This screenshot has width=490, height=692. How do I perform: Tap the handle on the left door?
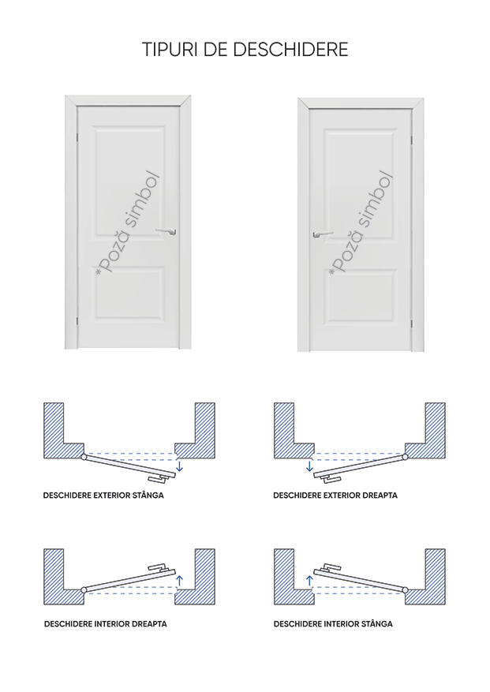(166, 231)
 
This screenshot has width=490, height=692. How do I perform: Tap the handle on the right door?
(321, 234)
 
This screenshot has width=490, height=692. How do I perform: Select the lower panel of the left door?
(129, 297)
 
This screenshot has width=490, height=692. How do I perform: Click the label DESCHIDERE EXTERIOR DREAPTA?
(335, 496)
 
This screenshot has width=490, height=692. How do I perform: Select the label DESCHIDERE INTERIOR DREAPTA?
(105, 623)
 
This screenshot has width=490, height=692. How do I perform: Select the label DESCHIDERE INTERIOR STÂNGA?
(333, 623)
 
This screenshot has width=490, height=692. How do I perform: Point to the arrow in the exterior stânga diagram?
(180, 466)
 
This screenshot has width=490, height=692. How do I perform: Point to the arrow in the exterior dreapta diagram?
(310, 466)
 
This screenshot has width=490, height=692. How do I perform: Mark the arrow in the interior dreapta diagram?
(180, 582)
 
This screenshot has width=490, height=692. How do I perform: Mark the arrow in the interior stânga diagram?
(310, 582)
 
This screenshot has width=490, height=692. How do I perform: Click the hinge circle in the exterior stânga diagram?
(83, 457)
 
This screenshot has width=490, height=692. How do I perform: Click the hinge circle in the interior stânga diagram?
(406, 590)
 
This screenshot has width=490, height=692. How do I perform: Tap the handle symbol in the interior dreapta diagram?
(159, 569)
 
